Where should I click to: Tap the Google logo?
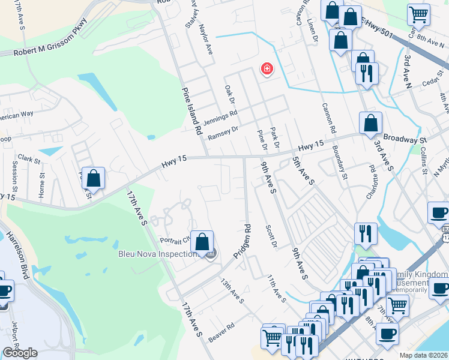[20, 353]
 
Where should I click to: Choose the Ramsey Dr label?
[223, 133]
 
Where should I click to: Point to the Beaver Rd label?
[221, 334]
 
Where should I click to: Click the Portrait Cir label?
[175, 241]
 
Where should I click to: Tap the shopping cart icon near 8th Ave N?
[418, 14]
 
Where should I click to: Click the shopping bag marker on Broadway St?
[370, 123]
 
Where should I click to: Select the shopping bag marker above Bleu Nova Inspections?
[202, 242]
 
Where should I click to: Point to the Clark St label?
[28, 160]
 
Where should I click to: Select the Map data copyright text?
[424, 355]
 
